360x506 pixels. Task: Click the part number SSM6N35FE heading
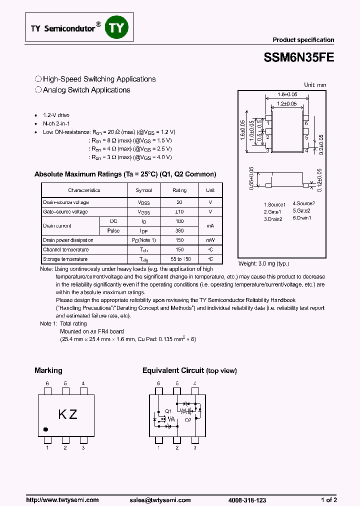(x=298, y=57)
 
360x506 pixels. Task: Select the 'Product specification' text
(x=303, y=40)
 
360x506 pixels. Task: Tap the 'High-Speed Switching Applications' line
(x=99, y=79)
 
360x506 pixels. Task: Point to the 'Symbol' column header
(x=144, y=190)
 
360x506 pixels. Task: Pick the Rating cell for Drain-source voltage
(x=179, y=202)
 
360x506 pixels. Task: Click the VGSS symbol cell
(x=144, y=212)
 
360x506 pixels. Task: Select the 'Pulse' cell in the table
(x=113, y=231)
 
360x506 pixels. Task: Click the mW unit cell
(x=210, y=240)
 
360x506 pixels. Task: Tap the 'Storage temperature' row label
(x=65, y=259)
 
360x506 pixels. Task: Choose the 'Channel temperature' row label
(x=66, y=249)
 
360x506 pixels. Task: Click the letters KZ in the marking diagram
(x=67, y=414)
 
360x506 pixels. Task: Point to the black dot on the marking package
(x=45, y=429)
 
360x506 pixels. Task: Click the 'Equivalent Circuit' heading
(x=173, y=370)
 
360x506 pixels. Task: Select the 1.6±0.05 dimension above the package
(x=287, y=94)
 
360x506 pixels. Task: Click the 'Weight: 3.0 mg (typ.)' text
(x=263, y=263)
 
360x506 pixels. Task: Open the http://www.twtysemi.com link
(x=62, y=499)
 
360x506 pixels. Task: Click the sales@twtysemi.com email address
(x=160, y=499)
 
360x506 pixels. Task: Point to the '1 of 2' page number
(x=328, y=499)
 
